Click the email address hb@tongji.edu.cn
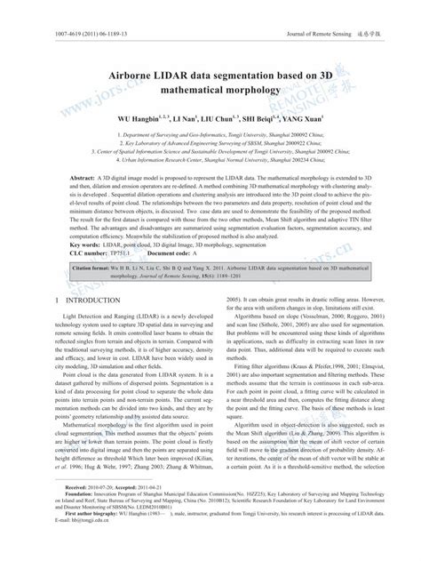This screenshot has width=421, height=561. click(x=62, y=549)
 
